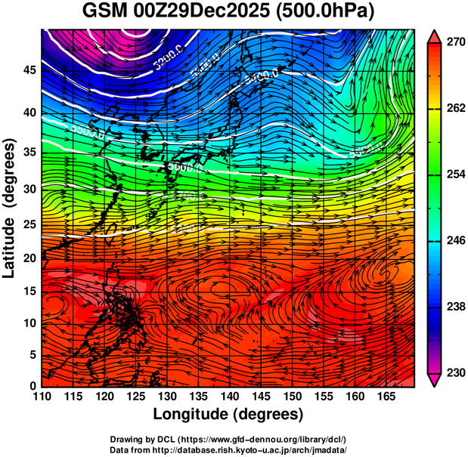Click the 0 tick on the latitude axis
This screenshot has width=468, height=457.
pos(31,386)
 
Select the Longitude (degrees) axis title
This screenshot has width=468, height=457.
pos(228,415)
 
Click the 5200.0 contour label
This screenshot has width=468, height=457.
pos(168,59)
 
